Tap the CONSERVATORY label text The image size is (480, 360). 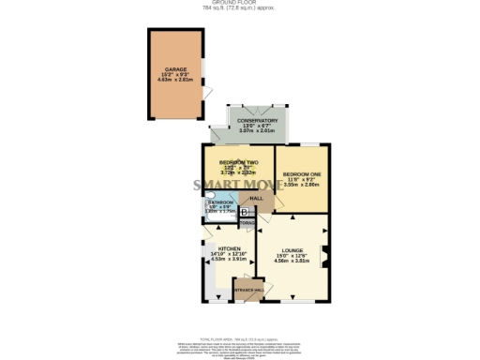(x=257, y=120)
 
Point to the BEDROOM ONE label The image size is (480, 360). (x=302, y=174)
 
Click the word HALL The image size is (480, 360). (x=254, y=199)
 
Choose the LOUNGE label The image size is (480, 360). (x=293, y=249)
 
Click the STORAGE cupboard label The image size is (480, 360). (x=247, y=222)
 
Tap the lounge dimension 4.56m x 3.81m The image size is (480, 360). (x=293, y=262)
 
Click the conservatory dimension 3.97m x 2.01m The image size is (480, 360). (x=257, y=131)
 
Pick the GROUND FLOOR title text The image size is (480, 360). (x=240, y=4)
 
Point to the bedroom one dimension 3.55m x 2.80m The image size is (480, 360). (x=302, y=186)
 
